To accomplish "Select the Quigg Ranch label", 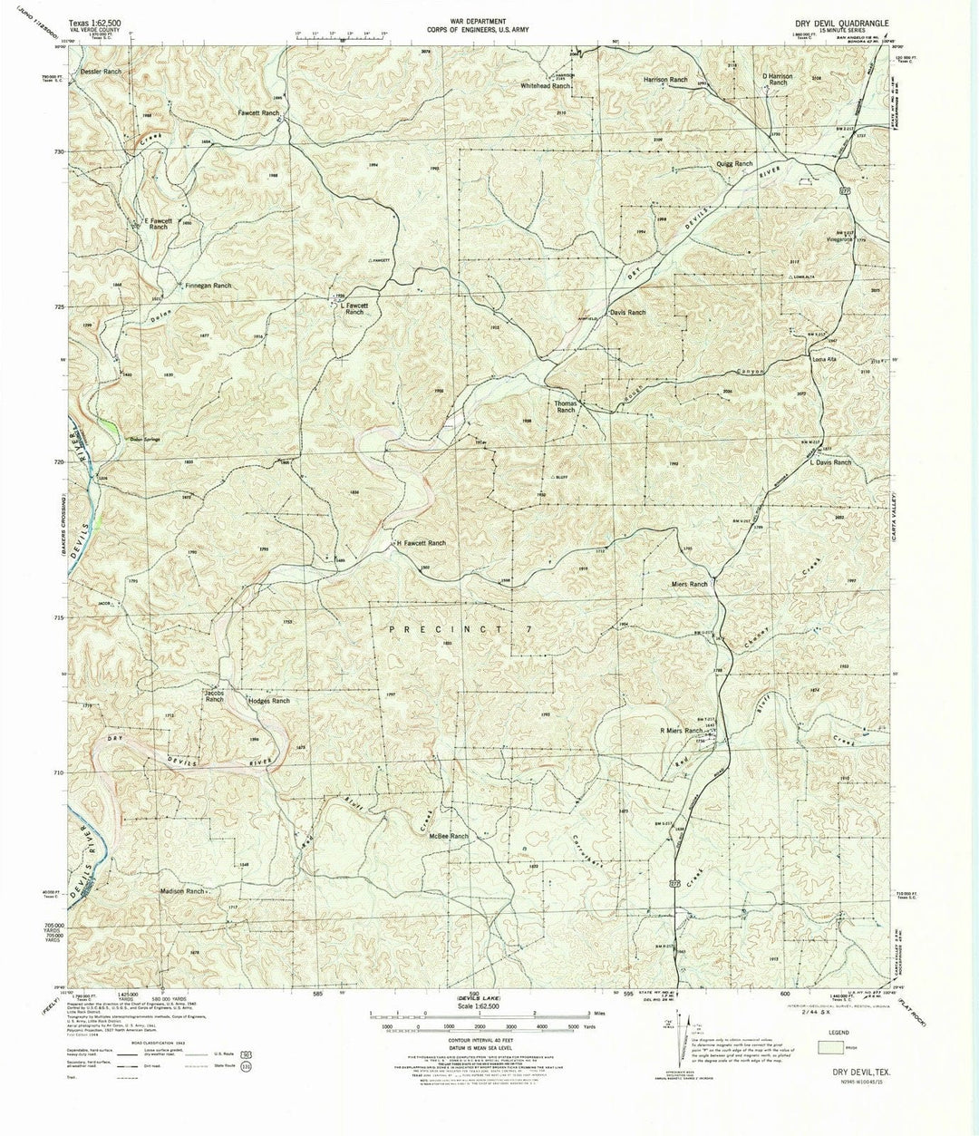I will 733,164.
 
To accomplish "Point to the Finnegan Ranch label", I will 208,286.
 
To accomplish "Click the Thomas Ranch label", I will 566,406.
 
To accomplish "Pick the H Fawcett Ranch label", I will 419,543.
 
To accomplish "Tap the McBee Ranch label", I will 448,836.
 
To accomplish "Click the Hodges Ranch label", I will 268,701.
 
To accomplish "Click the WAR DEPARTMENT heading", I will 489,19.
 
